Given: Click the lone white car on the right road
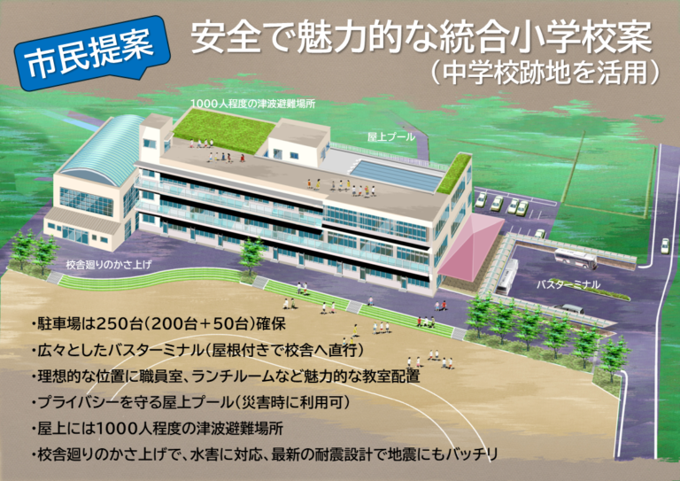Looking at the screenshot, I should click(666, 245).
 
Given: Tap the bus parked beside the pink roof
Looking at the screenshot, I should click(507, 276).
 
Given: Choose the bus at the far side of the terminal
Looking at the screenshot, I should click(574, 259).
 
